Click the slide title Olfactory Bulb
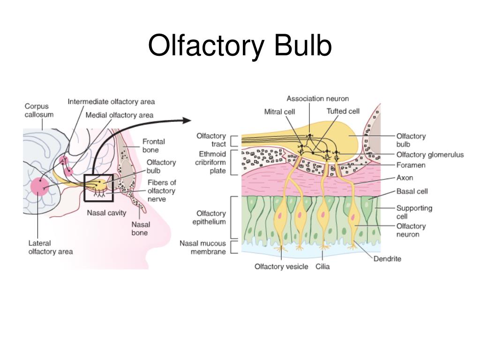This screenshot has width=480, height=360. click(x=240, y=46)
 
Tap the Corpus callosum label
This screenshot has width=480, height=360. click(x=39, y=110)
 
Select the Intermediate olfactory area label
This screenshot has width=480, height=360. click(x=111, y=101)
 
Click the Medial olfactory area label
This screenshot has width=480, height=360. click(x=119, y=115)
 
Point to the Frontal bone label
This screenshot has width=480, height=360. click(x=154, y=145)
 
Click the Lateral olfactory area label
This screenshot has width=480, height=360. click(x=51, y=247)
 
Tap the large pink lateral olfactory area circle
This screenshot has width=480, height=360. click(x=40, y=187)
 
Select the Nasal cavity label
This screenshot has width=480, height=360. click(x=106, y=213)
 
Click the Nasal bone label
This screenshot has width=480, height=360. click(x=140, y=228)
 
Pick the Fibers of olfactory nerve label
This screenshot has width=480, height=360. click(x=161, y=191)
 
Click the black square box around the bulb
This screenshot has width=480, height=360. click(x=85, y=188)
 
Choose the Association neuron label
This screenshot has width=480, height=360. click(x=317, y=98)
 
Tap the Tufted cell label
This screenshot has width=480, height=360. click(x=343, y=111)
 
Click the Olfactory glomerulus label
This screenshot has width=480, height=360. click(x=430, y=155)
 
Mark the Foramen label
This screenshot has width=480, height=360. click(x=411, y=165)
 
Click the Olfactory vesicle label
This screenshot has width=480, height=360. click(x=281, y=266)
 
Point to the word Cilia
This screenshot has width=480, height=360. click(x=322, y=266)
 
